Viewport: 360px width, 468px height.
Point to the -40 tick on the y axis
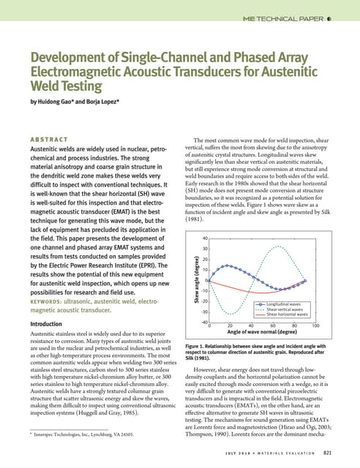click(205, 322)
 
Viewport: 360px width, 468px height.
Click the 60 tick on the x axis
click(273, 326)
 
